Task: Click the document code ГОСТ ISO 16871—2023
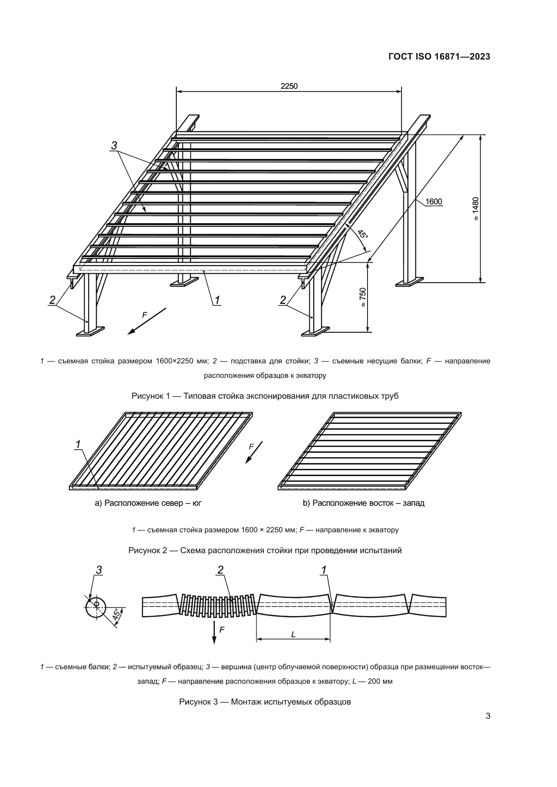[439, 57]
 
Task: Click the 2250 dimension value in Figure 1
[289, 86]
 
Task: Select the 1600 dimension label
[433, 202]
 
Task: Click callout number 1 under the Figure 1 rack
[217, 300]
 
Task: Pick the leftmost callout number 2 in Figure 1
[52, 300]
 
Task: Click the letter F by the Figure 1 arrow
[145, 315]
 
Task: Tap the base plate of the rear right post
[409, 282]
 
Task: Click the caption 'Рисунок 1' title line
[265, 396]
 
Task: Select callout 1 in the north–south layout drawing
[78, 444]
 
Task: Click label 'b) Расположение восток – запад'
[364, 503]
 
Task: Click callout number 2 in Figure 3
[220, 570]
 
